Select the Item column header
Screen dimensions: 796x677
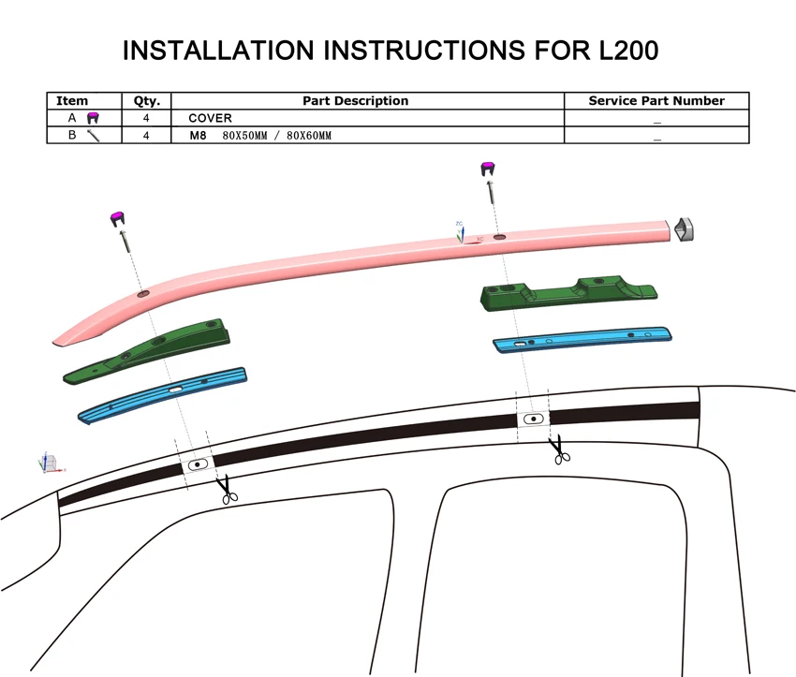(72, 101)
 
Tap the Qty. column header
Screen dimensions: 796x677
(147, 101)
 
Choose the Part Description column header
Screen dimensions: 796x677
(355, 101)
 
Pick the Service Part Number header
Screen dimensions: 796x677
(656, 101)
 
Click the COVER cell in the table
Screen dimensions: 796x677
(210, 118)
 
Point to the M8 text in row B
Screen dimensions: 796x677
(198, 136)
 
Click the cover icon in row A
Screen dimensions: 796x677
(93, 118)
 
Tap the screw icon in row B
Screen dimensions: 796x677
(93, 136)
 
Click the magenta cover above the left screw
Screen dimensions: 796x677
(118, 217)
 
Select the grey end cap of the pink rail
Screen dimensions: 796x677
(685, 228)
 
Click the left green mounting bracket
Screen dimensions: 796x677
(150, 351)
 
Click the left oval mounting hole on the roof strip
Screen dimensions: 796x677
(198, 464)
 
